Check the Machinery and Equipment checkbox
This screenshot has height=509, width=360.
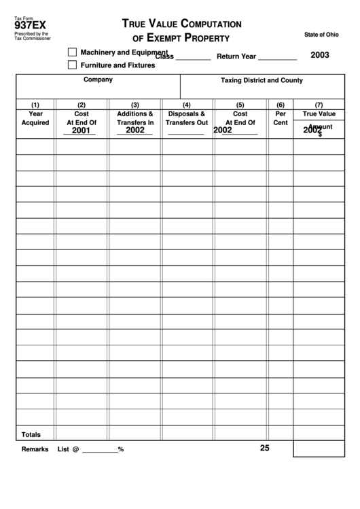72,52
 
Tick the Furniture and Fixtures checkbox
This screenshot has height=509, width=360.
72,65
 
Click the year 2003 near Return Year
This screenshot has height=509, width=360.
320,55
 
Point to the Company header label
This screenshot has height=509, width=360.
98,80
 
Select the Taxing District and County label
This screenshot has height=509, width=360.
262,80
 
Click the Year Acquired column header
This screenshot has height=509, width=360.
35,118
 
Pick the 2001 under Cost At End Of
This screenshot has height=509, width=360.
81,130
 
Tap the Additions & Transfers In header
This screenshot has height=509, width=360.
135,118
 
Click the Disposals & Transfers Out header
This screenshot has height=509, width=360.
187,118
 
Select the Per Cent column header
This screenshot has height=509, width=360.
281,118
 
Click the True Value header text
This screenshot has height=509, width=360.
319,114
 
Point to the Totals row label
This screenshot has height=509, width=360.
31,434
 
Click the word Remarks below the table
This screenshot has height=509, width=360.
35,449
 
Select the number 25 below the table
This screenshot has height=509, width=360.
264,448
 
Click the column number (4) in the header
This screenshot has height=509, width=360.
187,105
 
